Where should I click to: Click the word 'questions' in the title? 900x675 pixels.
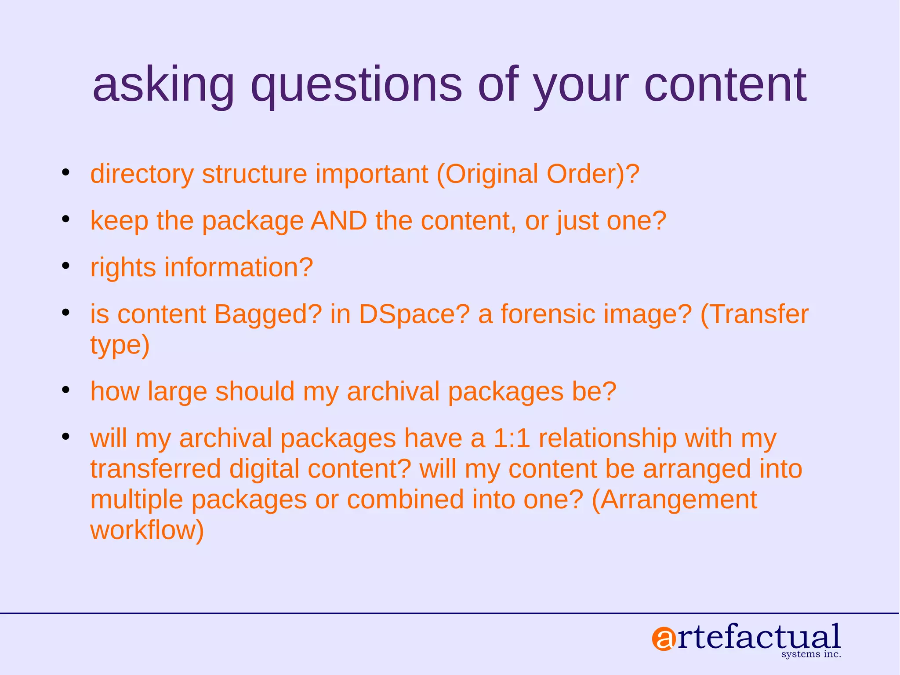[x=356, y=86]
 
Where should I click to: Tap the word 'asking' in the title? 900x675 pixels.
[x=163, y=86]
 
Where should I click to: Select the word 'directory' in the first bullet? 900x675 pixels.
[x=142, y=174]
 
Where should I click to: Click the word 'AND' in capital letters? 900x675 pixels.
[x=338, y=220]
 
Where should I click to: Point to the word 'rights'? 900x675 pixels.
[x=123, y=267]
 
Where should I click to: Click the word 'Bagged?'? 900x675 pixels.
[x=268, y=314]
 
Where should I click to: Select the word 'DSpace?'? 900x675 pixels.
[x=414, y=314]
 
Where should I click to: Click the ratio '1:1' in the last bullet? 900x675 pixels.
[x=512, y=438]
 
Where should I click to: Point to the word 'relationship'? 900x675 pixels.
[x=607, y=438]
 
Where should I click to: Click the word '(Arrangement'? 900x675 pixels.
[x=674, y=500]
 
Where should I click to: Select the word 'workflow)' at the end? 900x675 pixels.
[x=147, y=530]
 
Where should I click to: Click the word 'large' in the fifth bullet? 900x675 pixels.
[x=177, y=392]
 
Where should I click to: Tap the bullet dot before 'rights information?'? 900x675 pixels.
[x=66, y=266]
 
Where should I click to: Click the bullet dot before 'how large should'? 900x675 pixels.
[x=66, y=390]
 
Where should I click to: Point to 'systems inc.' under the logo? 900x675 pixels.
[x=811, y=654]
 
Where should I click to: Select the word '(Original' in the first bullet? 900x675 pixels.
[x=487, y=174]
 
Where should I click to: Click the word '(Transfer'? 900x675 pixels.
[x=754, y=314]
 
